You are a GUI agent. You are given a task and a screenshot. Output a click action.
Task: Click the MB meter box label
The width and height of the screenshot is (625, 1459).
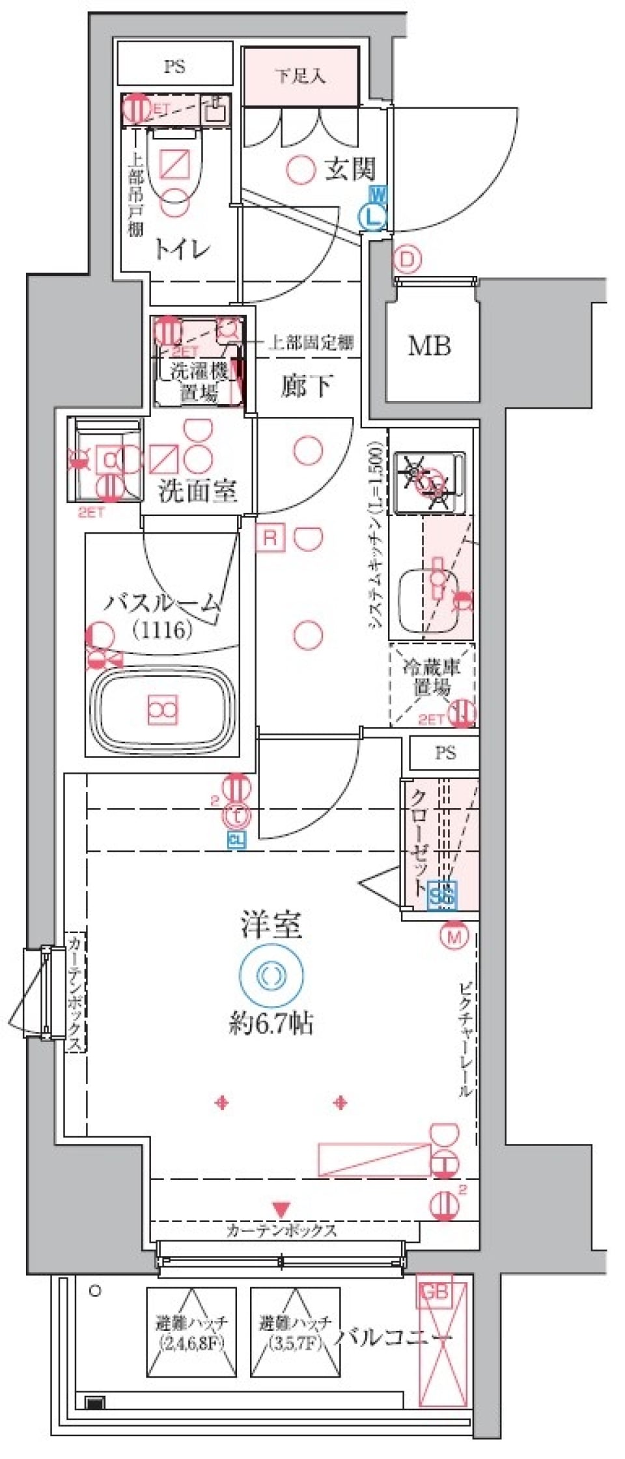pos(429,346)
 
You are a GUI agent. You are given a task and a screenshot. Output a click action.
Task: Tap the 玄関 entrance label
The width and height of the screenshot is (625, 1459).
pos(350,169)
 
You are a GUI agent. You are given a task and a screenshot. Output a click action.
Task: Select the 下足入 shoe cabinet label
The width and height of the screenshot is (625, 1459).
pos(300,76)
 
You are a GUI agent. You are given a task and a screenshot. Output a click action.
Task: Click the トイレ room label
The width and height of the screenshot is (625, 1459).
pos(183,249)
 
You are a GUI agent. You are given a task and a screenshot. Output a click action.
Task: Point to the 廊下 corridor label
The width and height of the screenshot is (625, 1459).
pos(306,386)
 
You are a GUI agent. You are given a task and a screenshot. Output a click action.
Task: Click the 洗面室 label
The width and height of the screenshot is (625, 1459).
pos(197,491)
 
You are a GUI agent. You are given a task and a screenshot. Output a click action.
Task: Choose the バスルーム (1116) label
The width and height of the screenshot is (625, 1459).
pos(163,615)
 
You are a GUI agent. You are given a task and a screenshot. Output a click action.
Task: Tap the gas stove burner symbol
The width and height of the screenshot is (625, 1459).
pos(428,482)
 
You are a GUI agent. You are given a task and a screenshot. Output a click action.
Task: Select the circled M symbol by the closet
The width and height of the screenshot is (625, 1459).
pos(454,936)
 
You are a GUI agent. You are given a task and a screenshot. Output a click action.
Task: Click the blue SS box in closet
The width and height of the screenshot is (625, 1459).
pos(443,895)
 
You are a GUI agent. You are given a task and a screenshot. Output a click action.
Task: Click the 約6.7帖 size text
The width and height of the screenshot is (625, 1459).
pos(271,1024)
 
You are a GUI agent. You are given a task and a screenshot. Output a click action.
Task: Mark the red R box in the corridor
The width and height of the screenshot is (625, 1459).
pos(270,538)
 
